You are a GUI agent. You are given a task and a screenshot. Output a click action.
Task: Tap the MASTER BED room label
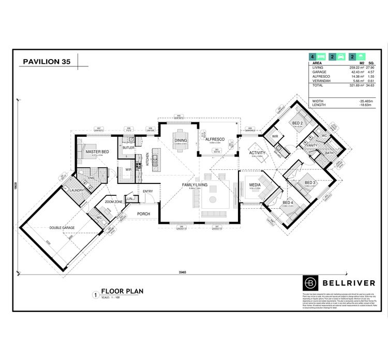pyautogui.click(x=97, y=151)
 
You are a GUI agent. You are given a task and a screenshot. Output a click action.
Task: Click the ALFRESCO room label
pyautogui.click(x=214, y=140)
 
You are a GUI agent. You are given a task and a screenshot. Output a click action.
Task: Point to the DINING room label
pyautogui.click(x=181, y=140)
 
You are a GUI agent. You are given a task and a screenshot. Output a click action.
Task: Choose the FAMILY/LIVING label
pyautogui.click(x=195, y=185)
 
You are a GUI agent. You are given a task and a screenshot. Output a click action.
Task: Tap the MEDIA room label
pyautogui.click(x=254, y=184)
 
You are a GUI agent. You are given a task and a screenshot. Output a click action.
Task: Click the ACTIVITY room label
pyautogui.click(x=257, y=153)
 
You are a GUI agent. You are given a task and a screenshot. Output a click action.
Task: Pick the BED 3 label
pyautogui.click(x=310, y=182)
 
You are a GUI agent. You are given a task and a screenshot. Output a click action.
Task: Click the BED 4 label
pyautogui.click(x=288, y=203)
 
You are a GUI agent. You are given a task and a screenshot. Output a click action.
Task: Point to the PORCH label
pyautogui.click(x=143, y=213)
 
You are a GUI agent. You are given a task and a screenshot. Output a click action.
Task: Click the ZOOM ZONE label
pyautogui.click(x=113, y=201)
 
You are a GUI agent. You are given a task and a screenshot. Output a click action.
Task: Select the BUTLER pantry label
pyautogui.click(x=128, y=148)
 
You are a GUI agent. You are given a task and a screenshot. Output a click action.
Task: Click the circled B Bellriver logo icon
pyautogui.click(x=309, y=283)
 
